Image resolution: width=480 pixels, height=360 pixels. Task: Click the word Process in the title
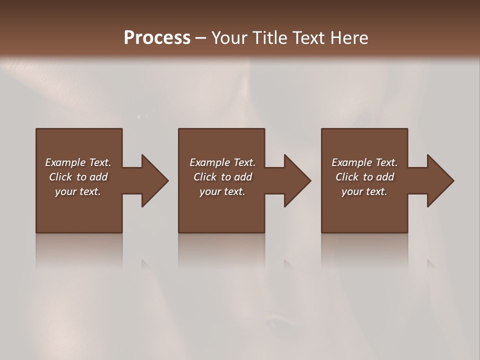tap(157, 38)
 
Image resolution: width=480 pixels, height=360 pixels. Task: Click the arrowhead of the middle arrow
tap(297, 180)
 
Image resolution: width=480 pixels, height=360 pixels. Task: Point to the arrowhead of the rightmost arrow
tap(440, 180)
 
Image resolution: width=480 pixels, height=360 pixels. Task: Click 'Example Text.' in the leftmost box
tap(78, 162)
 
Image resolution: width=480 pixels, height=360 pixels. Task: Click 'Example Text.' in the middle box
tap(222, 162)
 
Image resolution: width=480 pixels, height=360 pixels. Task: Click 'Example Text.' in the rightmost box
tap(364, 162)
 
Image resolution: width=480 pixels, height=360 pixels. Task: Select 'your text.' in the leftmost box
tap(78, 191)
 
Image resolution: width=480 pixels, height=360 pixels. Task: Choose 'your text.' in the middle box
tap(222, 191)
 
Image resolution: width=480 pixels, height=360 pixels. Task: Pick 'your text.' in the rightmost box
tap(364, 191)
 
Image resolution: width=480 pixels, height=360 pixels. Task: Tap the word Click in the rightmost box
tap(347, 177)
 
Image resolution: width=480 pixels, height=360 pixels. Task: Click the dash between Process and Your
tap(200, 38)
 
